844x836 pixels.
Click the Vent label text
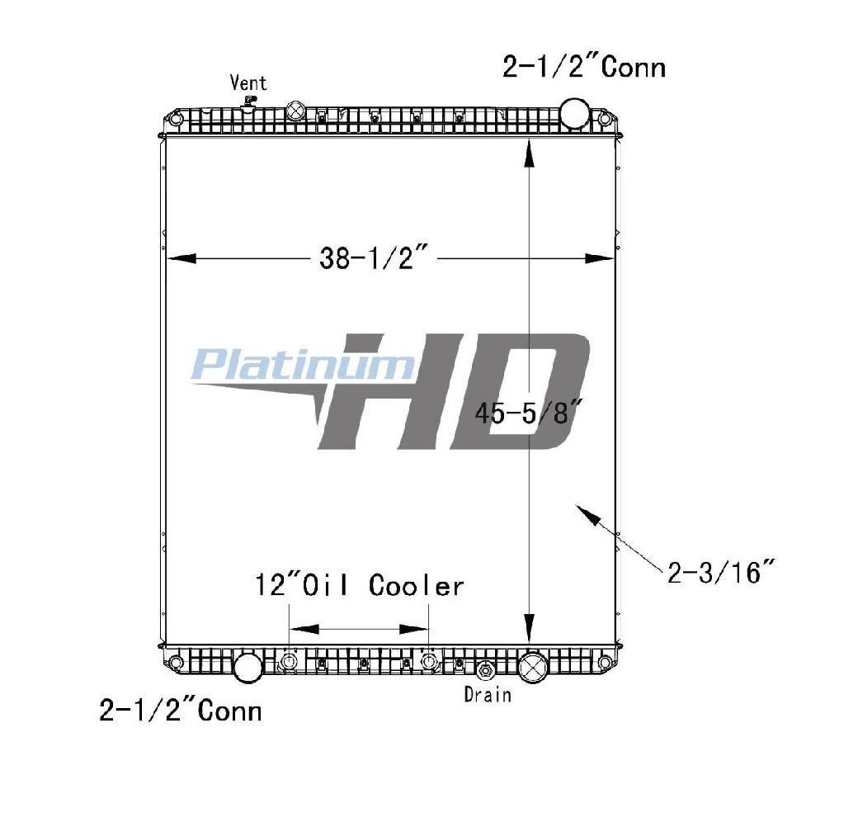[x=248, y=83]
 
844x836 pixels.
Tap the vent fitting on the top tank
[x=249, y=103]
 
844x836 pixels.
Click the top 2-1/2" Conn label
[x=584, y=68]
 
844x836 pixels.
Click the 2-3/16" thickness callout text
[x=721, y=572]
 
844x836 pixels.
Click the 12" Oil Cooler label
[x=359, y=586]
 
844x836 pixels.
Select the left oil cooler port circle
[x=289, y=661]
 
